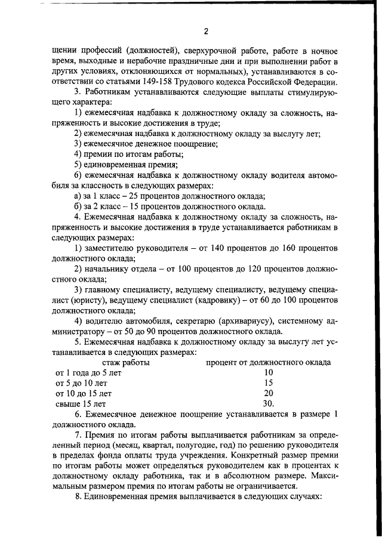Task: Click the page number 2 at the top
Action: coord(205,32)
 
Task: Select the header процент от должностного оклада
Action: coord(269,362)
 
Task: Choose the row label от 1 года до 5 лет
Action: coord(88,373)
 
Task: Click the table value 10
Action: coord(268,373)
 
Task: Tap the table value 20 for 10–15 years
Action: coord(268,394)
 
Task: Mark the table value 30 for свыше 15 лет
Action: coord(269,404)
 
